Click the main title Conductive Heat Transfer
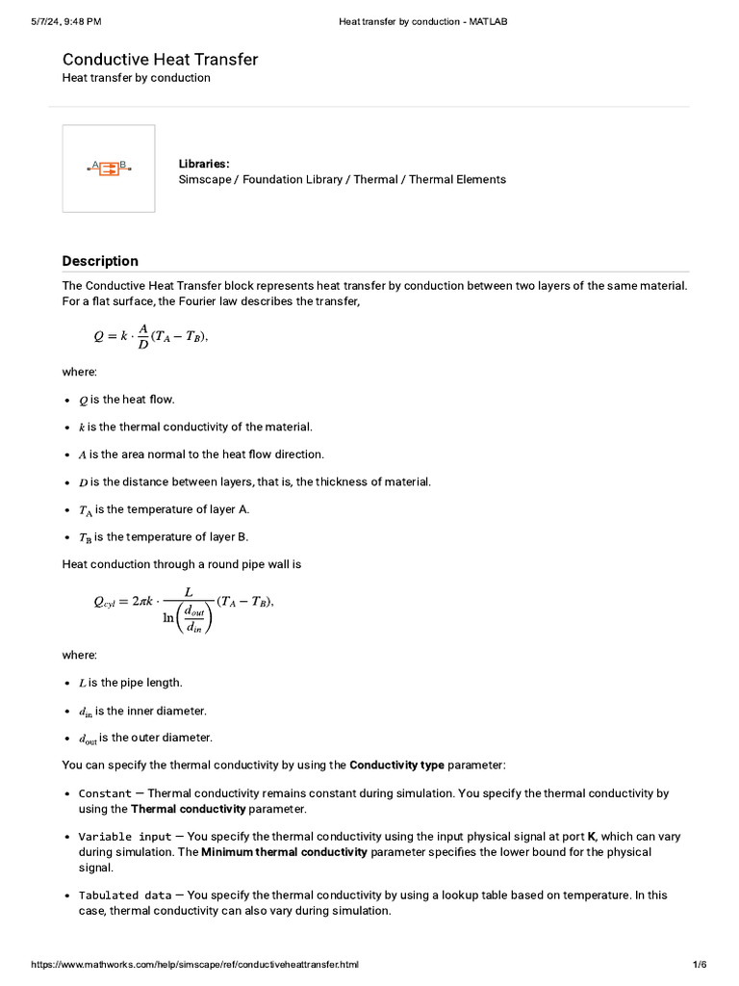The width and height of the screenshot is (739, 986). point(160,60)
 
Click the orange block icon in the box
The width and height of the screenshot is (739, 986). point(109,169)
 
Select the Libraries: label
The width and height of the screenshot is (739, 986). point(204,164)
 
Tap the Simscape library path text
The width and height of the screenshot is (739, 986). point(342,179)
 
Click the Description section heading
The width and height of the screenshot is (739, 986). point(100,261)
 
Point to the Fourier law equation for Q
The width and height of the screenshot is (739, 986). point(149,336)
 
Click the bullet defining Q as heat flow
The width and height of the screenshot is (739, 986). point(126,400)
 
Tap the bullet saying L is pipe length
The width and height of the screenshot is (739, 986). point(130,683)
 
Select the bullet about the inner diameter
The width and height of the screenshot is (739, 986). point(142,711)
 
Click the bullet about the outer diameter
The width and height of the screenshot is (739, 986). point(145,739)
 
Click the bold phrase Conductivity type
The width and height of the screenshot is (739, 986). point(396,765)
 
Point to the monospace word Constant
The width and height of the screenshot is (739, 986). point(105,793)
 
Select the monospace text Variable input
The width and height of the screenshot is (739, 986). point(125,837)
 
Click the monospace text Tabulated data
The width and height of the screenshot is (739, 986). point(125,895)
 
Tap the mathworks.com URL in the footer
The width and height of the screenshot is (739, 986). point(194,964)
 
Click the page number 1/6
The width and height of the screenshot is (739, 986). point(700,964)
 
